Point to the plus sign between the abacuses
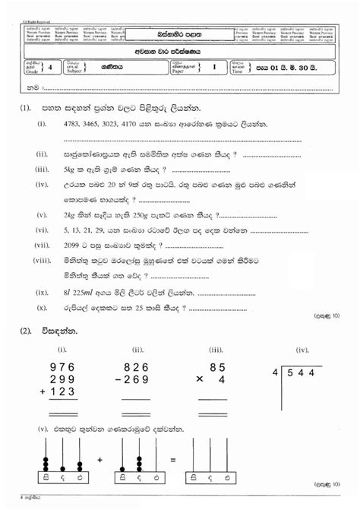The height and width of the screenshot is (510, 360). click(x=99, y=460)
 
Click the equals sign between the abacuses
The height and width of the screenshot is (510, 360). click(x=174, y=460)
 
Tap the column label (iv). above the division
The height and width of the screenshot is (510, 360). click(x=302, y=349)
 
